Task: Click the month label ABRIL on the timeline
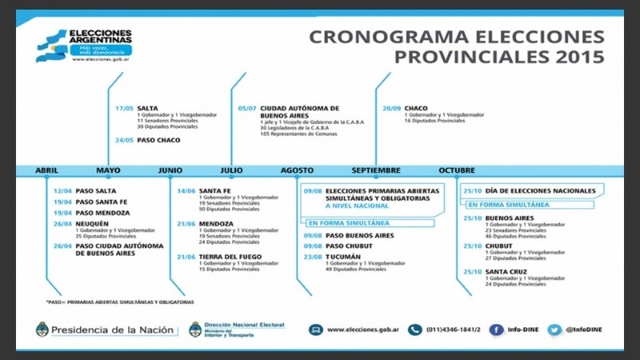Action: point(46,170)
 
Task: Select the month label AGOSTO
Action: point(298,170)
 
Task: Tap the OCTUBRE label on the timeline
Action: point(457,170)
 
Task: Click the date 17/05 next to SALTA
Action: point(124,108)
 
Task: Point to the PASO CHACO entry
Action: point(158,140)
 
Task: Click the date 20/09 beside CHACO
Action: point(391,108)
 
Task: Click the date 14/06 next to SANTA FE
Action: point(186,190)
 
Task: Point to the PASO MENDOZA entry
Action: point(102,213)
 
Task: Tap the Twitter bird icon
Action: point(554,329)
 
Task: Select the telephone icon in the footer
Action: point(414,329)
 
